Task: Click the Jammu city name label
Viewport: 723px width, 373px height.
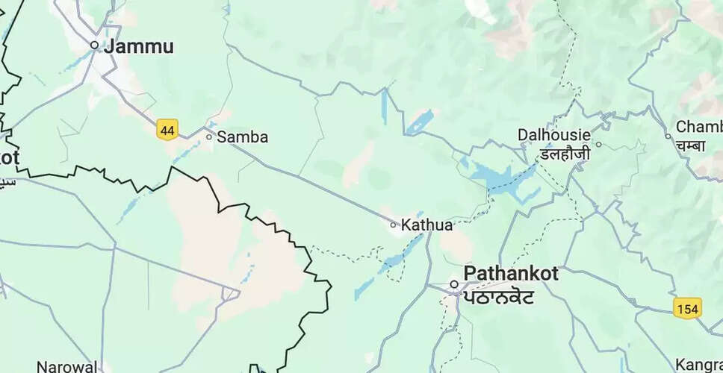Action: click(140, 46)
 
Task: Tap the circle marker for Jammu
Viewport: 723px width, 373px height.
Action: click(94, 46)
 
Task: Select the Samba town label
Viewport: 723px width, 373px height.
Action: click(242, 137)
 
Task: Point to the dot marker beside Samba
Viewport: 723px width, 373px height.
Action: click(209, 137)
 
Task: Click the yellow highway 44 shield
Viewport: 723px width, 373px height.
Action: click(167, 131)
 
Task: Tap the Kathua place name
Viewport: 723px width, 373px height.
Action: click(426, 225)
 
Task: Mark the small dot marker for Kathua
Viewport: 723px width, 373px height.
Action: click(394, 224)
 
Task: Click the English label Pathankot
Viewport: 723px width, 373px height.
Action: click(511, 274)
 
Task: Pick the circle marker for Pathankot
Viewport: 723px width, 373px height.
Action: click(453, 284)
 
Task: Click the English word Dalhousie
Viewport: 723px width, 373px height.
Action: click(554, 137)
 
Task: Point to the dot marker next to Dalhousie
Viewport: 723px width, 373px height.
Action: click(598, 144)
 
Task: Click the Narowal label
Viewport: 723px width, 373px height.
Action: click(68, 366)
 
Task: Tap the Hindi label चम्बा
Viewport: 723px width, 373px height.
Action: click(690, 145)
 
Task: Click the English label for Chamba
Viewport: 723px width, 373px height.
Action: click(699, 127)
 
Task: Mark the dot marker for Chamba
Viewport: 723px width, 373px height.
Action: click(668, 136)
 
